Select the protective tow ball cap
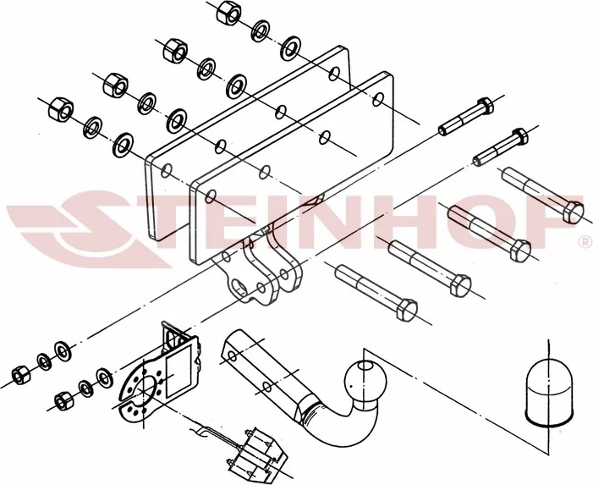click(548, 394)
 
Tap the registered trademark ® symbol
click(586, 241)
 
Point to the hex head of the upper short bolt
click(485, 105)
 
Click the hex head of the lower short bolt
click(519, 135)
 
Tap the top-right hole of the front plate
click(378, 100)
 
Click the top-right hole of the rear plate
click(334, 74)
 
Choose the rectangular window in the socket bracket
click(178, 372)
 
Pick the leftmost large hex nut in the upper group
click(61, 109)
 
